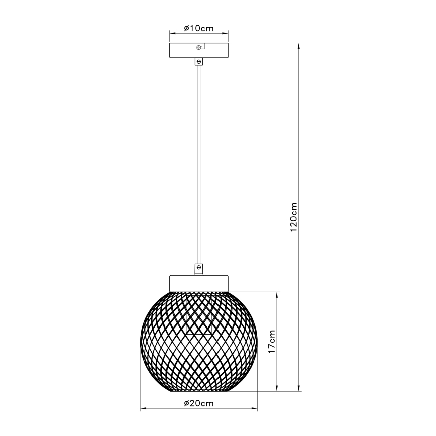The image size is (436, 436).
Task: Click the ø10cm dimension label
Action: click(199, 28)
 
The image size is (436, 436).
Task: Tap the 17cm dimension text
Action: click(272, 341)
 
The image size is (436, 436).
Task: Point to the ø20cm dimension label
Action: click(199, 403)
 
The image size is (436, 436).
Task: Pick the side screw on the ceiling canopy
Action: click(199, 48)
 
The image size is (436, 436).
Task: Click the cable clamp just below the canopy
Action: click(199, 62)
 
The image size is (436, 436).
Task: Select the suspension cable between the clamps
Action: click(199, 166)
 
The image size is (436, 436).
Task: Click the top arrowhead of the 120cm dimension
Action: click(300, 46)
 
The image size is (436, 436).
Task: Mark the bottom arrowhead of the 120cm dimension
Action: click(300, 388)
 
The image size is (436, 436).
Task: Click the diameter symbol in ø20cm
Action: click(186, 403)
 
